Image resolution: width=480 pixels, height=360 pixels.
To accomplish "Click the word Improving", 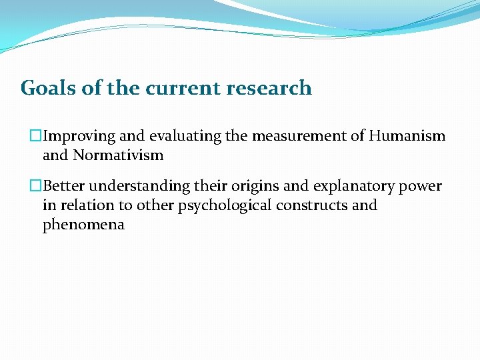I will (x=79, y=137).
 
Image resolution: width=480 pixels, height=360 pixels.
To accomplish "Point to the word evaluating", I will (x=185, y=137).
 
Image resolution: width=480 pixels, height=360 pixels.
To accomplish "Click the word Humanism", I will (x=407, y=137).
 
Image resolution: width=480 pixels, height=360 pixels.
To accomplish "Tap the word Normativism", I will (x=118, y=155).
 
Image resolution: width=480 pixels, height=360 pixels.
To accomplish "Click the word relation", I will (x=87, y=205).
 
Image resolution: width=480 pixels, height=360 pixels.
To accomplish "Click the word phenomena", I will (x=83, y=225).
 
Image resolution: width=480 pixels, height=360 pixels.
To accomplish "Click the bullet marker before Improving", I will (x=37, y=137).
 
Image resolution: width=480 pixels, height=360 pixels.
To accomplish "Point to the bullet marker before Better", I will (x=37, y=187).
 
